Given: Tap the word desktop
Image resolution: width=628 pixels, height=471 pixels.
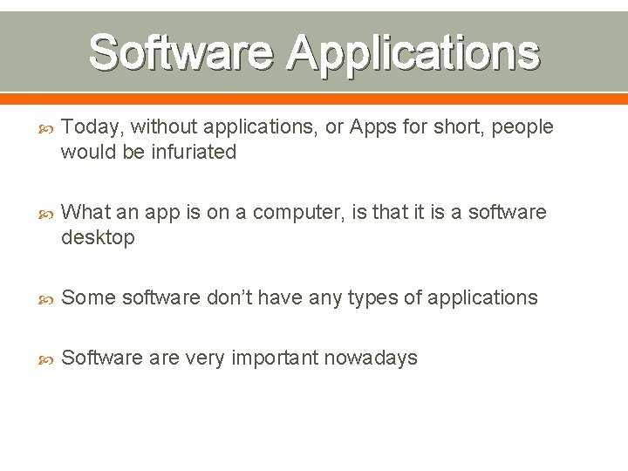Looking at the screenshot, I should click(98, 238).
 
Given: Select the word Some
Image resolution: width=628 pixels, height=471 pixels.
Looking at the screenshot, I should click(89, 298).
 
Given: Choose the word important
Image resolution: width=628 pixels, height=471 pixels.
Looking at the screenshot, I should click(270, 358).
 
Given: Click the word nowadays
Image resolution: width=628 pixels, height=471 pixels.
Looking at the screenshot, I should click(376, 358).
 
